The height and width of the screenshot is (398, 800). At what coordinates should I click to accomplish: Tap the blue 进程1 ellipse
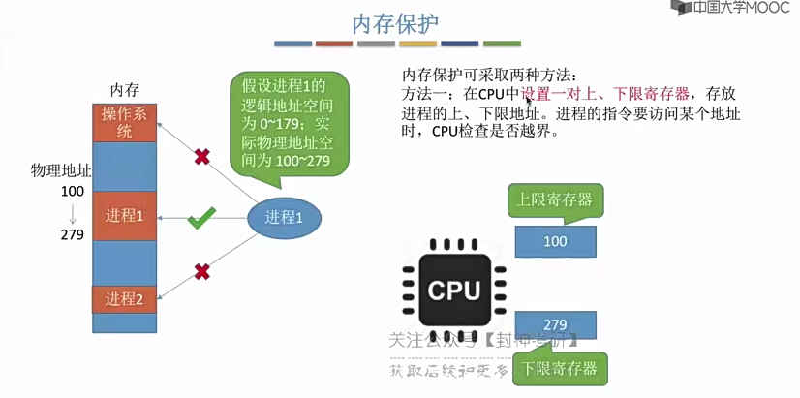click(285, 218)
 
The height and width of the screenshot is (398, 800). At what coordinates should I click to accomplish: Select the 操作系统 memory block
click(124, 122)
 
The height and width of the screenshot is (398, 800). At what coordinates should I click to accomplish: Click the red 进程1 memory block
click(124, 216)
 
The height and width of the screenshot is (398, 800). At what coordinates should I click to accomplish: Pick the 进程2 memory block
click(124, 298)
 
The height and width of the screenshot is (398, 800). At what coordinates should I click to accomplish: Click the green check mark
click(201, 218)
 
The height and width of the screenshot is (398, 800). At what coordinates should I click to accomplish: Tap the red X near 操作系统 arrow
click(201, 156)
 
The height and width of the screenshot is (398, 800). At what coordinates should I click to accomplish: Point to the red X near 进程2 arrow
click(201, 272)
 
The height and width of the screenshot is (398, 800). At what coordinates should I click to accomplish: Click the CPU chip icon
click(454, 288)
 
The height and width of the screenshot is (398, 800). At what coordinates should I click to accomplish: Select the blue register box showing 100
click(555, 241)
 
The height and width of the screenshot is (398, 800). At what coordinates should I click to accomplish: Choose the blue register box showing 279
click(555, 324)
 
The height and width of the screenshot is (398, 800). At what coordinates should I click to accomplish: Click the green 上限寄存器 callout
click(554, 200)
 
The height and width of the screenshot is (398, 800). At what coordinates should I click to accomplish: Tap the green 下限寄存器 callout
click(560, 368)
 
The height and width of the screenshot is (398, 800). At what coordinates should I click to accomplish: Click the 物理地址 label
click(61, 171)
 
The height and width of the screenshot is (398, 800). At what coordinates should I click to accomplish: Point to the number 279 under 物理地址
click(72, 234)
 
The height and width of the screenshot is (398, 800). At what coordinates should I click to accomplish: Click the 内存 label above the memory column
click(125, 89)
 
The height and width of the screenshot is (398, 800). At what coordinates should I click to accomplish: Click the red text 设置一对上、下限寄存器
click(605, 94)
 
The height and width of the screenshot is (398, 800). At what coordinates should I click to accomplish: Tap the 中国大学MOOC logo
click(733, 9)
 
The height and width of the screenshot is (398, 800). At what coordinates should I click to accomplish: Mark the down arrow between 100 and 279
click(72, 213)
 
